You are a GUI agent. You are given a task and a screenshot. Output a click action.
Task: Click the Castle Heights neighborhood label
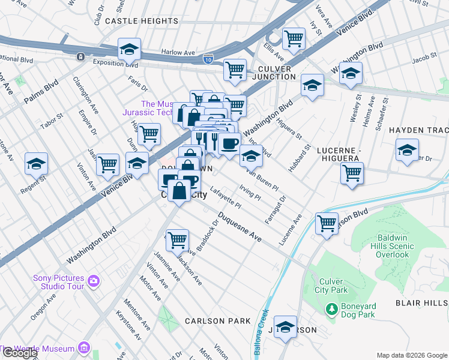[142, 21]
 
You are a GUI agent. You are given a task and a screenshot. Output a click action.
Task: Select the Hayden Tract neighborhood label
[418, 130]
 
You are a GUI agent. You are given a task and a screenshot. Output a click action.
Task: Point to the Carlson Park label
[217, 321]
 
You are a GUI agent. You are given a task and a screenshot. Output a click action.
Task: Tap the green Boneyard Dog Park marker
[331, 309]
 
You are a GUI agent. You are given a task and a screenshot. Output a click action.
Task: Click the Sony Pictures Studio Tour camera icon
[93, 280]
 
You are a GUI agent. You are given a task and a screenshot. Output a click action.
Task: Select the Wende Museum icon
[83, 349]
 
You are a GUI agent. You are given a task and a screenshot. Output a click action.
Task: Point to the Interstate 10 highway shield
[208, 58]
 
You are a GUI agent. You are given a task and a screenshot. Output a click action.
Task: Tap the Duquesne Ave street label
[240, 227]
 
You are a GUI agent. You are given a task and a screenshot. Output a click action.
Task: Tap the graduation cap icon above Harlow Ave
[129, 49]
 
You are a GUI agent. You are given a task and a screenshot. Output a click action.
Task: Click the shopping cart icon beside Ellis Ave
[294, 39]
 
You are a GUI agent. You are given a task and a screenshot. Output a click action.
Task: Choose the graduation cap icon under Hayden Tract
[407, 150]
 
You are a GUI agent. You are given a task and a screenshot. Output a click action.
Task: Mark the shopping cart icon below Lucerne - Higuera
[352, 173]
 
